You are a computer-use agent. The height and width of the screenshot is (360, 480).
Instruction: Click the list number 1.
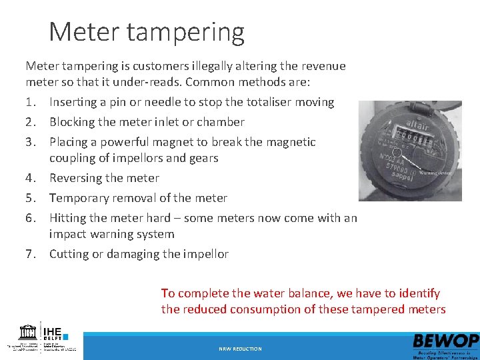click(x=29, y=102)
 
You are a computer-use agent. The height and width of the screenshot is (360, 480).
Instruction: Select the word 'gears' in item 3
click(x=203, y=158)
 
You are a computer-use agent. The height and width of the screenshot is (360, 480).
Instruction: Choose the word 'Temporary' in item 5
click(x=79, y=198)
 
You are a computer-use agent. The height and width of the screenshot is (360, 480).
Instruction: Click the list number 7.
click(x=29, y=254)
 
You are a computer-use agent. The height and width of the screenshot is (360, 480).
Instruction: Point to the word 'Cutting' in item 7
click(x=70, y=254)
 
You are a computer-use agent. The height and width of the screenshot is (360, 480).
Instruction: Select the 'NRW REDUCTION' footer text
click(x=240, y=349)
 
